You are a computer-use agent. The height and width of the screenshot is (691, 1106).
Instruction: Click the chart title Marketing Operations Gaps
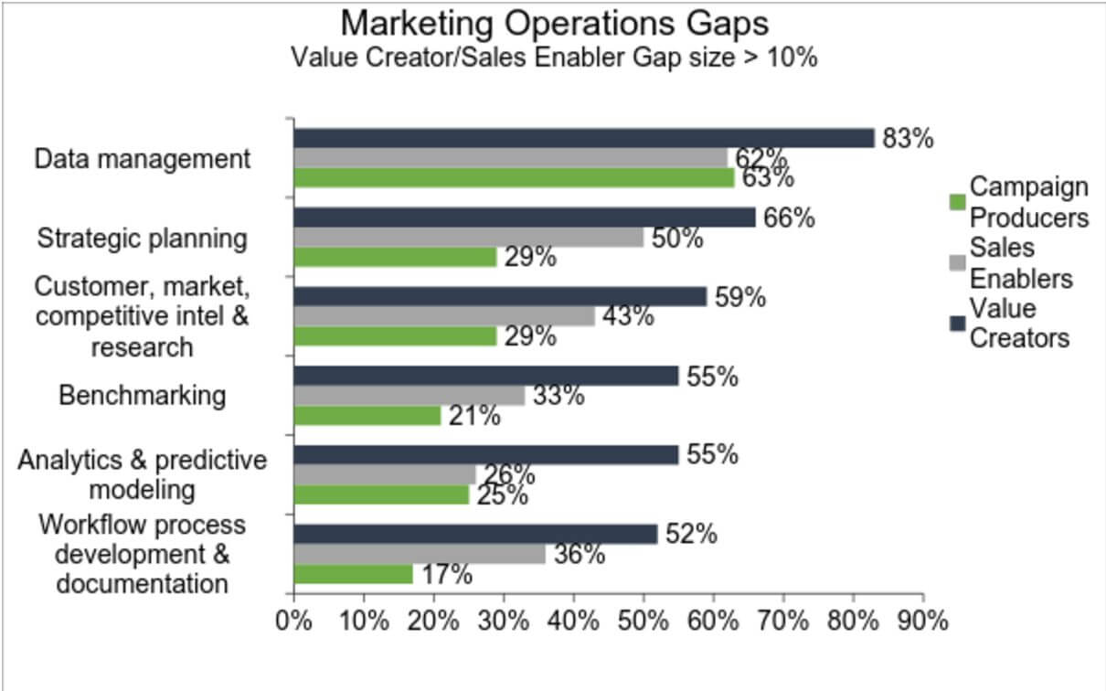tap(554, 22)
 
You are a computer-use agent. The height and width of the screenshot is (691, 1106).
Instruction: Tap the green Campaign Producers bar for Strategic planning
tap(395, 257)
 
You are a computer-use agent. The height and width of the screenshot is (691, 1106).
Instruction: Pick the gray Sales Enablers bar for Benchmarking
tap(409, 396)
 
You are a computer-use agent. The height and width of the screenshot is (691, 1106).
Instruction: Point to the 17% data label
tap(446, 575)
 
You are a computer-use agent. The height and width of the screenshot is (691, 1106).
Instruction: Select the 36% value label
tap(579, 554)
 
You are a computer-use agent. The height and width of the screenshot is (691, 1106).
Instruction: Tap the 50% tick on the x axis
tap(643, 622)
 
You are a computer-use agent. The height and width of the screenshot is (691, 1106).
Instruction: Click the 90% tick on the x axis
tap(923, 622)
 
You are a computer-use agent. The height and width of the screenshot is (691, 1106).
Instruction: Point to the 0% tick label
tap(294, 622)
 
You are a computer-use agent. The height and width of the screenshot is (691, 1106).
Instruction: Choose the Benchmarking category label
tap(142, 396)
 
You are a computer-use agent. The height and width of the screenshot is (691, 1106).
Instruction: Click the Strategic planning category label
tap(142, 239)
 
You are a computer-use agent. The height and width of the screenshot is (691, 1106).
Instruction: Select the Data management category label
tap(142, 159)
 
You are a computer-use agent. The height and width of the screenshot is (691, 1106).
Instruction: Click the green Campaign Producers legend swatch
tap(958, 202)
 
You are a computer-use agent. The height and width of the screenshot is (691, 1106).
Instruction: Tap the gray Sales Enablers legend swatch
tap(958, 263)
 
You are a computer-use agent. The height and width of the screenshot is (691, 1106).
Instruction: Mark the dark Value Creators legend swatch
tap(958, 323)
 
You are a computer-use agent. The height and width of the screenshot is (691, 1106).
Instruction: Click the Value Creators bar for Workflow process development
tap(475, 535)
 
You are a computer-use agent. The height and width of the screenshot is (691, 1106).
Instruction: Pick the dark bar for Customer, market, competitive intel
tap(500, 296)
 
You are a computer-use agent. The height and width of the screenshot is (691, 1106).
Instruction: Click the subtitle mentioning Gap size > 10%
tap(554, 57)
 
